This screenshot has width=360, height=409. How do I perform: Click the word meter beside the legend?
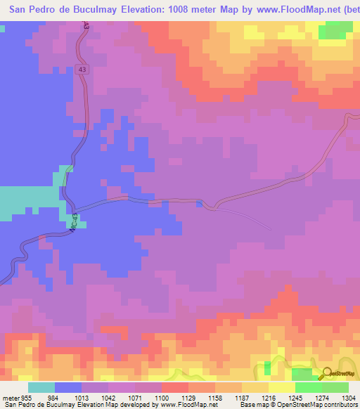click(x=9, y=396)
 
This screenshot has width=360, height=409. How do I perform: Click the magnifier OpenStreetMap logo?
click(x=326, y=372)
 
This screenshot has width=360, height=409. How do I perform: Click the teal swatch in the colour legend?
click(x=41, y=387)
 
